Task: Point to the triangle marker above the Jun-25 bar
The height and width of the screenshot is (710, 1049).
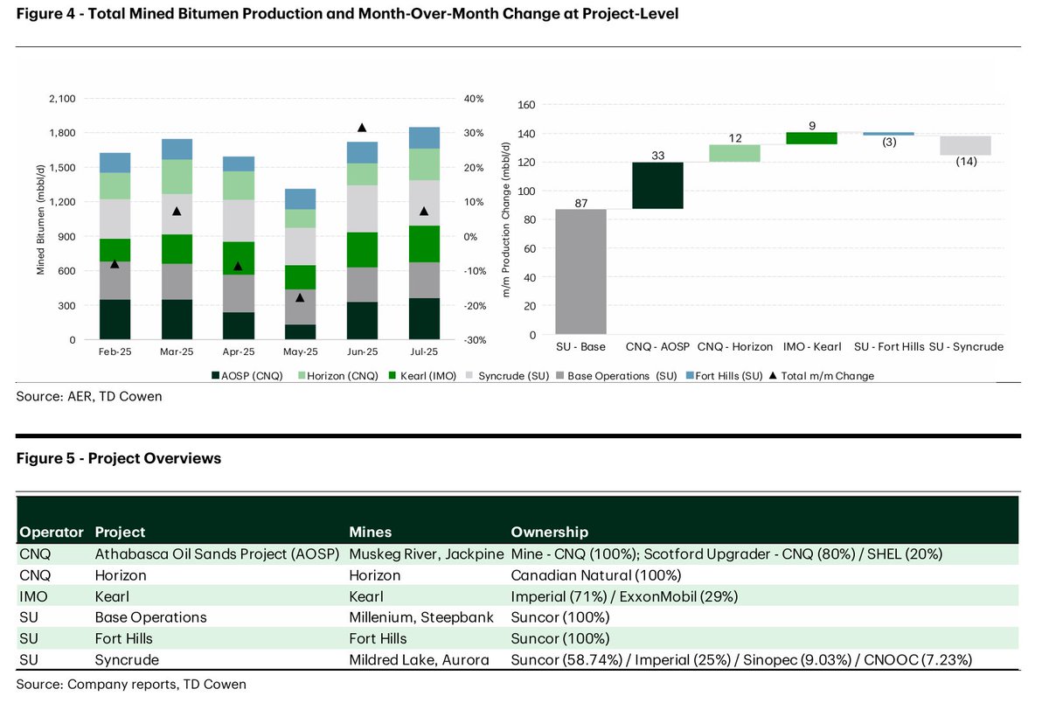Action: tap(363, 128)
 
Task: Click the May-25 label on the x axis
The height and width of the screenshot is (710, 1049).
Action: tap(300, 352)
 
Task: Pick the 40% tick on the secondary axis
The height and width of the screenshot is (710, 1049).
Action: tap(474, 99)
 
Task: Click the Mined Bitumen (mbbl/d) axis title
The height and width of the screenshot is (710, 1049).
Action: tap(40, 219)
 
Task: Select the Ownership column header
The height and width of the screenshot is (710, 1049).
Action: tap(549, 532)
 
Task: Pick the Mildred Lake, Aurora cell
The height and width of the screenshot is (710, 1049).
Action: tap(419, 660)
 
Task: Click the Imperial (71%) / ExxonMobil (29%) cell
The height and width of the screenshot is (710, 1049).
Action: tap(625, 596)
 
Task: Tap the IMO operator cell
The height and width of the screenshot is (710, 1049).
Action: tap(34, 596)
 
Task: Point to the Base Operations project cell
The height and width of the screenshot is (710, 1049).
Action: tap(150, 617)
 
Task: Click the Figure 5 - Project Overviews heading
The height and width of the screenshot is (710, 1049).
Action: tap(118, 458)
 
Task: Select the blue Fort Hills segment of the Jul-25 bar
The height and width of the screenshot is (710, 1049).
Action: tap(424, 138)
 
